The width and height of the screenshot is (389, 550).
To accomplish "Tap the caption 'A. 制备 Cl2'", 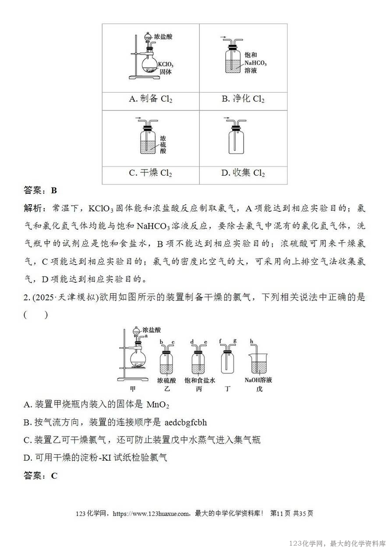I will [x=150, y=99].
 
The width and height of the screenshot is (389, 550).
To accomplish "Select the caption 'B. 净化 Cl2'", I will [x=243, y=99].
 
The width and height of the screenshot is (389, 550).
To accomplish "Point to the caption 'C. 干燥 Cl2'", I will [x=150, y=173].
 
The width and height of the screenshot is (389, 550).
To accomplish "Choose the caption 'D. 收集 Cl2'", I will [x=243, y=173].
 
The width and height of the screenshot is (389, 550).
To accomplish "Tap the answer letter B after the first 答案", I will [x=54, y=191].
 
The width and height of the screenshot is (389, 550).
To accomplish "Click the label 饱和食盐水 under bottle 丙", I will [x=200, y=380].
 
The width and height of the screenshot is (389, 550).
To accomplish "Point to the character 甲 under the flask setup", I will [x=133, y=389].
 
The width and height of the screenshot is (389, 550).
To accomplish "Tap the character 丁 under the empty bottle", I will [x=228, y=389].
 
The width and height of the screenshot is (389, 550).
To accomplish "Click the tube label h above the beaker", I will [x=251, y=341].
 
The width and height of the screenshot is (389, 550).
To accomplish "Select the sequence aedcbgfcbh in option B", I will [x=186, y=422].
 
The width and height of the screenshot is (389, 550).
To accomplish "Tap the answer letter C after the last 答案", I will [x=54, y=475].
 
